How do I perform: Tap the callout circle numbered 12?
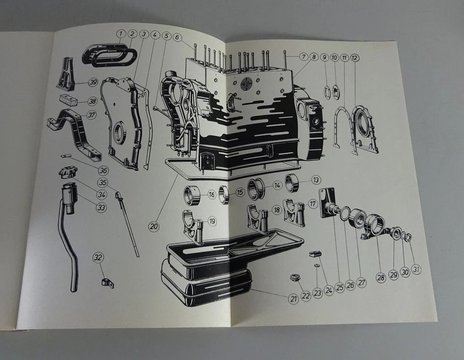coord(355,58)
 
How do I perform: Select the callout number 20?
coord(154,226)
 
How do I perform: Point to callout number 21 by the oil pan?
coord(293,299)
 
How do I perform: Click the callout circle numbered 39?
coord(93,82)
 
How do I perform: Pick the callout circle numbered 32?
coord(98,258)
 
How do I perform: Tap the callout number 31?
coord(416,270)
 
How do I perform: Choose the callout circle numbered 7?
coord(303,57)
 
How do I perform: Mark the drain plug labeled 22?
coord(293,278)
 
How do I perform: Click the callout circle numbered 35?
coord(102,183)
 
